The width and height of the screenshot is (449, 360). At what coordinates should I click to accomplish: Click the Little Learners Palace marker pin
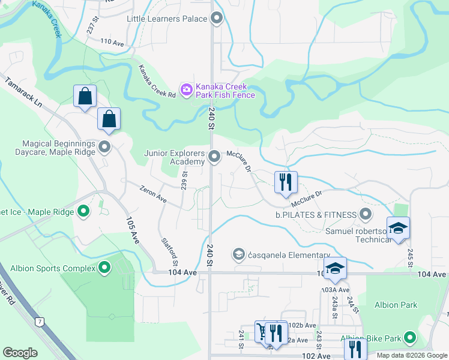tap(217, 19)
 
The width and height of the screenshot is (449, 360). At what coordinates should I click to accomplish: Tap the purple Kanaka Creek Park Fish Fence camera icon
tap(187, 90)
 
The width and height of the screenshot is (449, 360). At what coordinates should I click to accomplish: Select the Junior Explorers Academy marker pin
tap(215, 157)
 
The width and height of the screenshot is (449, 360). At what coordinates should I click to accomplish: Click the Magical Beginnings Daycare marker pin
tap(105, 146)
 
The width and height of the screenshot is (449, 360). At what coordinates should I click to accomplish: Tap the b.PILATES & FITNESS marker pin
tap(365, 214)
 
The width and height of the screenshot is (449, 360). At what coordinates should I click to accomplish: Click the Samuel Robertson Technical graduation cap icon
tap(398, 228)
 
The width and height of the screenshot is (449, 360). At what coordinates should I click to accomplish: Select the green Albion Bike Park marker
tap(411, 338)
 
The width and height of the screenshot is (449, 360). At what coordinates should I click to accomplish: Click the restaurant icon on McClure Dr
tap(286, 181)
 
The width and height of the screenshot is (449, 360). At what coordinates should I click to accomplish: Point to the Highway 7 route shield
tap(40, 322)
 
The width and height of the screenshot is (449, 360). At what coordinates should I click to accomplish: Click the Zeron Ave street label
tap(153, 193)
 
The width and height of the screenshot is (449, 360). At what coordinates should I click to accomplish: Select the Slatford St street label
tap(170, 251)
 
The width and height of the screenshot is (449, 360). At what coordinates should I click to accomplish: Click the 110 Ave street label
tap(112, 42)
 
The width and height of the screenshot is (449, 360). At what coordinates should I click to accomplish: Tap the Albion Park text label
tap(396, 305)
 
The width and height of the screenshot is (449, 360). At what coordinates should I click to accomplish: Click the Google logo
tap(20, 353)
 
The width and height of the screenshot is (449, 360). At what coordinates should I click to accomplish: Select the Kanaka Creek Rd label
tap(156, 82)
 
